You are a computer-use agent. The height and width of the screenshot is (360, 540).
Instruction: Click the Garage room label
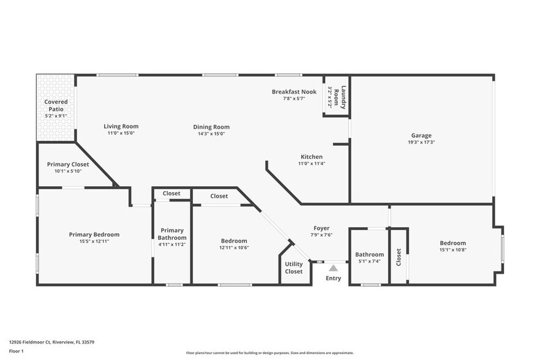(421, 135)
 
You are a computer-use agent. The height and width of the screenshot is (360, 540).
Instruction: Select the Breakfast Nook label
(294, 92)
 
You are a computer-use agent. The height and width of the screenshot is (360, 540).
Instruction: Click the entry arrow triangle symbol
(333, 268)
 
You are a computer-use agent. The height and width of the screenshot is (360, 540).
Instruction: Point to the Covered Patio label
(56, 105)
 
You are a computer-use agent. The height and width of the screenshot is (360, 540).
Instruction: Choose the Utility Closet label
(293, 268)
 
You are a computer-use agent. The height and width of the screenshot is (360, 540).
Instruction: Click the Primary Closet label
(68, 164)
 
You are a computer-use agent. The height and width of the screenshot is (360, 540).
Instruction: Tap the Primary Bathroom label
(171, 234)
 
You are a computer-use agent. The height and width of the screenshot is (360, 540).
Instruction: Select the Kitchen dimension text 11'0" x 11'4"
(311, 163)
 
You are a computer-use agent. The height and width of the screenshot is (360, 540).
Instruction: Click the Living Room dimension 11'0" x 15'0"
(121, 133)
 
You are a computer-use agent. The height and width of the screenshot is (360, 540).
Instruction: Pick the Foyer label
(321, 228)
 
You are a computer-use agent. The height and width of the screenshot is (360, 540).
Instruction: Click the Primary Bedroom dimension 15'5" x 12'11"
(94, 241)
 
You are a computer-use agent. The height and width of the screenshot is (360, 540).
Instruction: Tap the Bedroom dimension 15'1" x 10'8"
(452, 250)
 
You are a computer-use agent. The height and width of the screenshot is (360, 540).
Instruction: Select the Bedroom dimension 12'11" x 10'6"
(234, 247)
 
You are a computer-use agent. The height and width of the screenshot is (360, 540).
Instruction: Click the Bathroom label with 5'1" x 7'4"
(369, 255)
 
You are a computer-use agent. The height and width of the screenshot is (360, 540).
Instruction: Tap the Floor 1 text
(16, 351)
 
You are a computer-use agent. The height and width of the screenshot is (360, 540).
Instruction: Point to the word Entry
(333, 279)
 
